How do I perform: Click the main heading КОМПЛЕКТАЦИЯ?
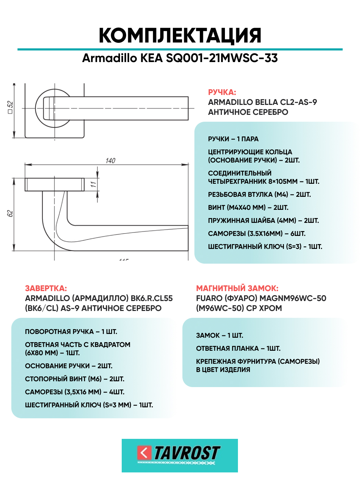pyautogui.click(x=180, y=35)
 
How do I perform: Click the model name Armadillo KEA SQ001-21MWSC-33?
pyautogui.click(x=180, y=58)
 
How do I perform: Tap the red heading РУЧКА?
pyautogui.click(x=222, y=92)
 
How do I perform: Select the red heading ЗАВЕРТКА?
pyautogui.click(x=46, y=288)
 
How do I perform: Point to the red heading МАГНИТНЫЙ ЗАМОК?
pyautogui.click(x=237, y=288)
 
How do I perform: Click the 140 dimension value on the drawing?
pyautogui.click(x=110, y=160)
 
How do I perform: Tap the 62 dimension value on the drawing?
pyautogui.click(x=10, y=213)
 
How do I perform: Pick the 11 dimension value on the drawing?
pyautogui.click(x=93, y=184)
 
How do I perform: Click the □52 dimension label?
pyautogui.click(x=10, y=107)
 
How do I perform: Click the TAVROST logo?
pyautogui.click(x=180, y=455)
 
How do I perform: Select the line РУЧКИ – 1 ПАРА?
pyautogui.click(x=233, y=139)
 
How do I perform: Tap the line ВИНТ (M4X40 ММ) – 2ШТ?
pyautogui.click(x=248, y=207)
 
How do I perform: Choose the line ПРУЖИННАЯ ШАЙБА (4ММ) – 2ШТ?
pyautogui.click(x=263, y=220)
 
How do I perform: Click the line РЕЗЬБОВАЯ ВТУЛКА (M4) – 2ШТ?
pyautogui.click(x=259, y=194)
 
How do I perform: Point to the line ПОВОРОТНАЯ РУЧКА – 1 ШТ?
pyautogui.click(x=71, y=332)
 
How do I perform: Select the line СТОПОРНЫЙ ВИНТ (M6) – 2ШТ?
pyautogui.click(x=74, y=379)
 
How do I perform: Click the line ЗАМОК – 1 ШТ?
pyautogui.click(x=219, y=335)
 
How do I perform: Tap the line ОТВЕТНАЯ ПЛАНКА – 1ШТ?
pyautogui.click(x=238, y=348)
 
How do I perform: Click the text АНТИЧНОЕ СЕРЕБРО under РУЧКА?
pyautogui.click(x=248, y=112)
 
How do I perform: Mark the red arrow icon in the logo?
pyautogui.click(x=144, y=453)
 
